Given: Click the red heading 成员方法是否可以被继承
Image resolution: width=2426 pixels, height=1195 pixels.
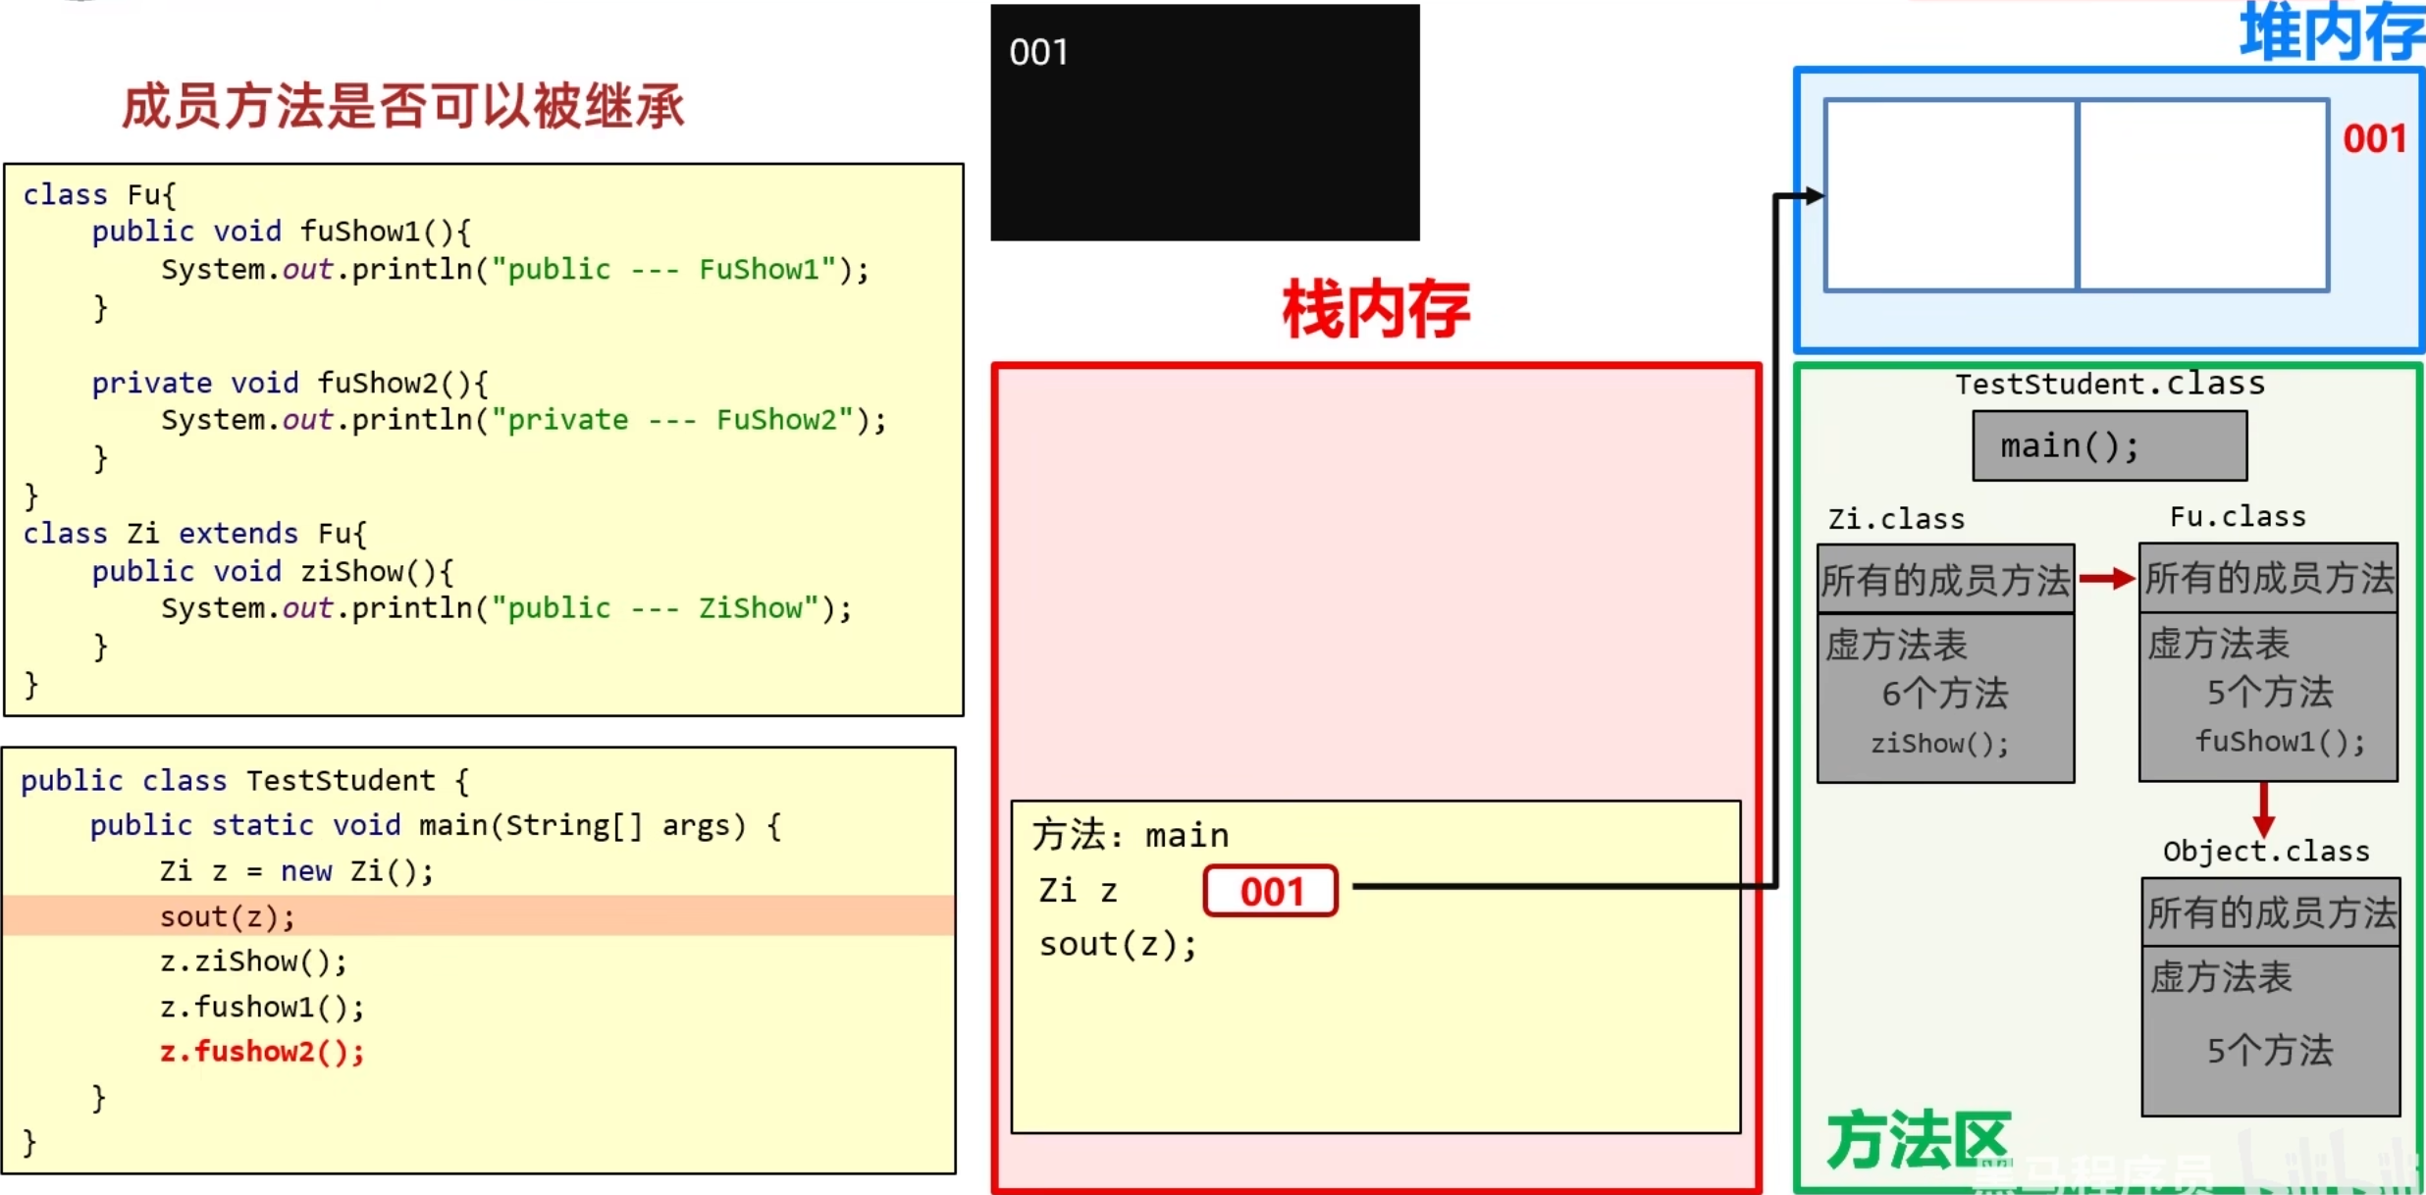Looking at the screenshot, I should [x=402, y=106].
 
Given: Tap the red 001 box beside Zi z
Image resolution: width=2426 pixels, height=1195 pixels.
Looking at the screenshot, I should [x=1270, y=891].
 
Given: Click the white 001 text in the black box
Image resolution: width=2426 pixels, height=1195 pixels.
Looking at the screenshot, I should [x=1038, y=52].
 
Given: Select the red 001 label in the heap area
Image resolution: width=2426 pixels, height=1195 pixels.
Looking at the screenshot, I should [x=2374, y=138].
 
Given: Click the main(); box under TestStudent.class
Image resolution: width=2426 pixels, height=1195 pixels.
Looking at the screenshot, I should [x=2109, y=446].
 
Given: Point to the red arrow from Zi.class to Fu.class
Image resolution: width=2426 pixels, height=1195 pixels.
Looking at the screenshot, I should [x=2106, y=579].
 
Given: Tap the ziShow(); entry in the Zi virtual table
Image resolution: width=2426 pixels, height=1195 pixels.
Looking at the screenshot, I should [x=1939, y=744].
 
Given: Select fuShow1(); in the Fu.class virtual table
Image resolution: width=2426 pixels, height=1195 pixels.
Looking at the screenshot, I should [x=2279, y=741].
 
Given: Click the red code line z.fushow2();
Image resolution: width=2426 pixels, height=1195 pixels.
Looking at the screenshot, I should [x=262, y=1052].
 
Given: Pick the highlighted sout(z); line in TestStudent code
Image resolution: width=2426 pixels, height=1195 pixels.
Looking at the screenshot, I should [x=227, y=916].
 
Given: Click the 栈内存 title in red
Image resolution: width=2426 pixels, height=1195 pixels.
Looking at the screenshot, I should [x=1375, y=310].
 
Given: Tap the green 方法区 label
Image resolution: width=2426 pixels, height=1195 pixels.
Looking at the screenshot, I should [x=1919, y=1140].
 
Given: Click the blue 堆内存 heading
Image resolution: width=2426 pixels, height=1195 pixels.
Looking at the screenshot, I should [x=2331, y=33].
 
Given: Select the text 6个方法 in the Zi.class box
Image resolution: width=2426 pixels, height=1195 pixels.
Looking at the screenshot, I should [x=1944, y=694].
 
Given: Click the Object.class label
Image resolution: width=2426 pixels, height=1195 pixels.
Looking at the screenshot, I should [x=2265, y=851].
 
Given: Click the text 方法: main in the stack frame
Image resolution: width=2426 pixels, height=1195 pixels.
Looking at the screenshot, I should [x=1130, y=835].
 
